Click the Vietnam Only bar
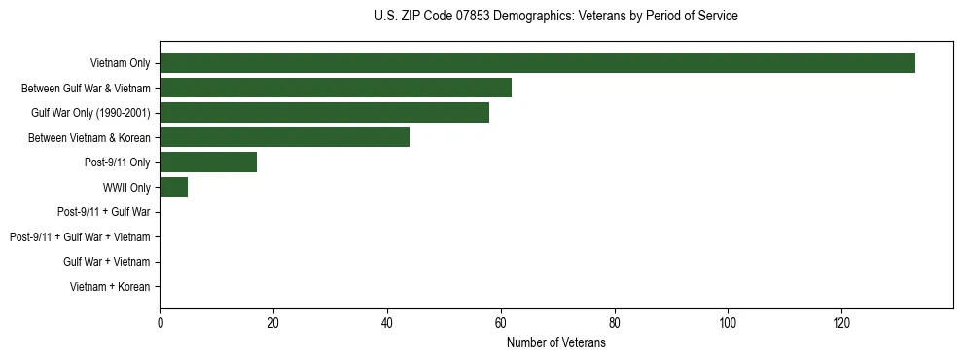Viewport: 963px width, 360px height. pyautogui.click(x=537, y=62)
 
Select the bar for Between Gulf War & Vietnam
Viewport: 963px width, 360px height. pyautogui.click(x=336, y=88)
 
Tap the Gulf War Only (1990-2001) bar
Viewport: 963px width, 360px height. pyautogui.click(x=324, y=112)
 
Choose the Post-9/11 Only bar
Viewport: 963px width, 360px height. pyautogui.click(x=208, y=162)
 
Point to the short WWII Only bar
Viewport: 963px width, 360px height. pyautogui.click(x=173, y=187)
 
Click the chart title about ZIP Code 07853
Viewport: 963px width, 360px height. pyautogui.click(x=555, y=17)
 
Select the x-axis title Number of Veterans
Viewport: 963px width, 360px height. pyautogui.click(x=555, y=342)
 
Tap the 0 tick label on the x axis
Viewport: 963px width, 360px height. pyautogui.click(x=160, y=323)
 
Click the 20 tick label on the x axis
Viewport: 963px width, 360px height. pyautogui.click(x=273, y=323)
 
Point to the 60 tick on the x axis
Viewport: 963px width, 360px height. pyautogui.click(x=501, y=323)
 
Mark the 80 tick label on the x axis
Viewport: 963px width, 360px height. pyautogui.click(x=615, y=323)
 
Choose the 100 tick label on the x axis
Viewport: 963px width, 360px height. pyautogui.click(x=728, y=323)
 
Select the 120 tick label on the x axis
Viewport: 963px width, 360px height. pyautogui.click(x=841, y=323)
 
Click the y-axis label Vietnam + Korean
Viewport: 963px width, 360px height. pyautogui.click(x=110, y=287)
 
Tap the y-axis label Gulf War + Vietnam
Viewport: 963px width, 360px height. pyautogui.click(x=106, y=262)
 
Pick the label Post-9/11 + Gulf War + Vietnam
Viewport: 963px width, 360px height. pyautogui.click(x=80, y=236)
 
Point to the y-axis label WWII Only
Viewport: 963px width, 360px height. pyautogui.click(x=126, y=187)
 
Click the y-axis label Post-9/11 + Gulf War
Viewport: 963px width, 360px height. pyautogui.click(x=103, y=212)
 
